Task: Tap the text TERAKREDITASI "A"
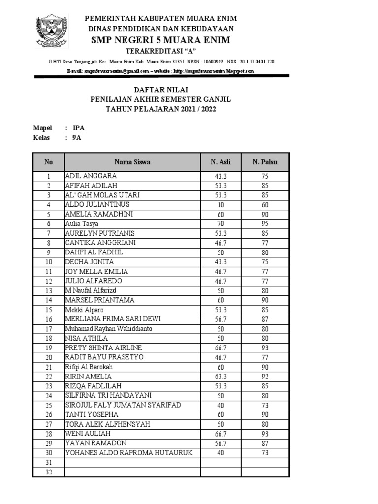(159, 51)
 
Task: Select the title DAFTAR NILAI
(161, 90)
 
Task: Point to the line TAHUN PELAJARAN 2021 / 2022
(161, 109)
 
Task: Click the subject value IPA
(78, 128)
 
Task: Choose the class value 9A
(77, 138)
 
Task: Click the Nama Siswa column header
(132, 162)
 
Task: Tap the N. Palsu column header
(265, 162)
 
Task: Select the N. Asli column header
(220, 162)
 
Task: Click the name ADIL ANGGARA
(91, 176)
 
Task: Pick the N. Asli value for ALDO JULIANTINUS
(220, 204)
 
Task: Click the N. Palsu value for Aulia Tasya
(265, 223)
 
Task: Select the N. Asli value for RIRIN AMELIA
(220, 377)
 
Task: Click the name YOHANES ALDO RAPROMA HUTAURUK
(129, 453)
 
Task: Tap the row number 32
(48, 472)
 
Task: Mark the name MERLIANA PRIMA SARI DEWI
(113, 319)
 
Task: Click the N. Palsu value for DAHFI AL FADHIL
(265, 252)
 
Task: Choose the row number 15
(48, 310)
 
